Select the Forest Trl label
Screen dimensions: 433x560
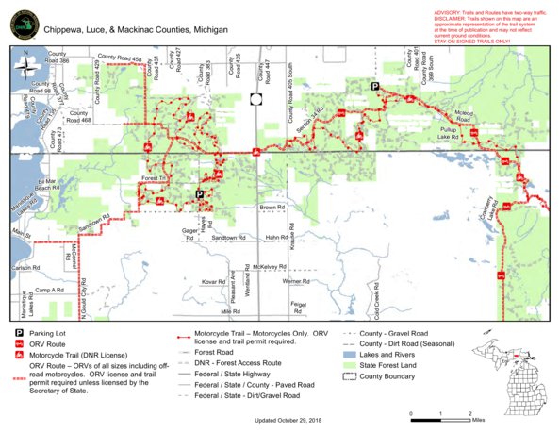pyautogui.click(x=153, y=177)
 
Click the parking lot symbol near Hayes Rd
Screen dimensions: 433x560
pyautogui.click(x=200, y=194)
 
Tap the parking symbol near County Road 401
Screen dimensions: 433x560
pyautogui.click(x=374, y=87)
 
